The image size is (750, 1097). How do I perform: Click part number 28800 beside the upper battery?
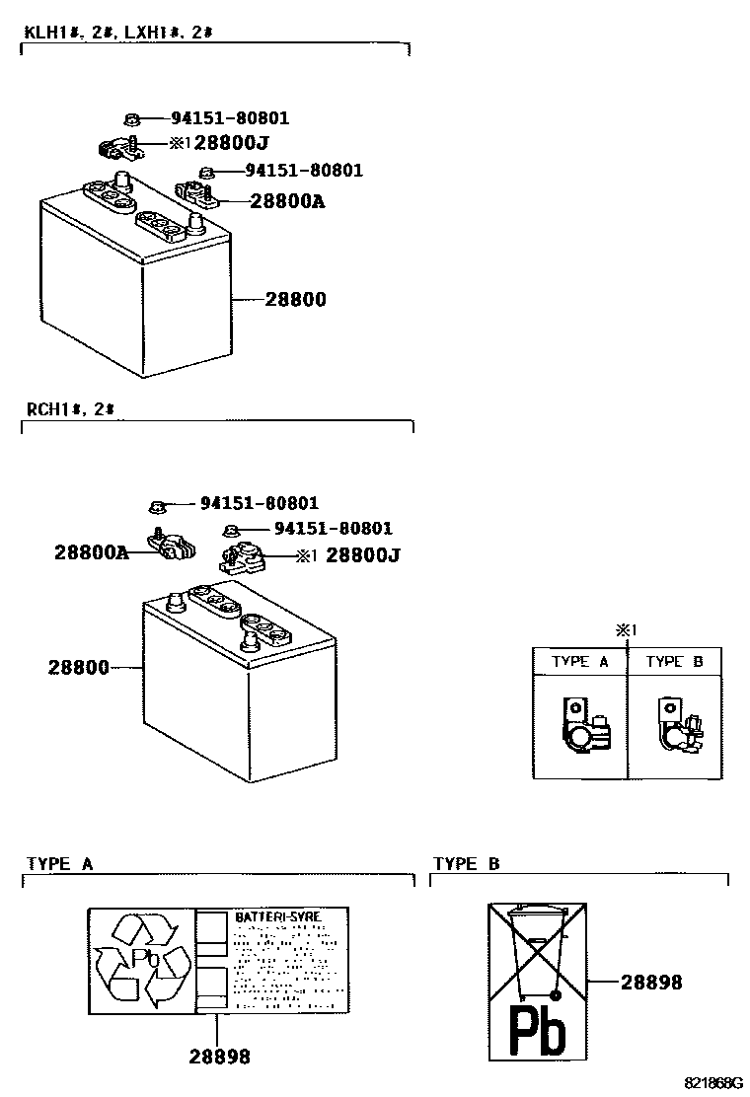click(x=295, y=299)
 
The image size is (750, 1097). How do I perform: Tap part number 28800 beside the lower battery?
click(x=78, y=668)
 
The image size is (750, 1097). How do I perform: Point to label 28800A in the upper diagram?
click(x=287, y=201)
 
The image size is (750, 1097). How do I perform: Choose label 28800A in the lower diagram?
click(x=91, y=554)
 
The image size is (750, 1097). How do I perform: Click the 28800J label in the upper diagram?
click(x=232, y=143)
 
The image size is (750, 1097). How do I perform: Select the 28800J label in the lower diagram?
click(x=362, y=555)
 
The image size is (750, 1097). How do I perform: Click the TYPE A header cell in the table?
click(x=579, y=662)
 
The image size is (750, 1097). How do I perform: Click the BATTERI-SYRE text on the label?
click(x=277, y=917)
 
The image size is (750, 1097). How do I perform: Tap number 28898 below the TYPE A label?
click(x=220, y=1057)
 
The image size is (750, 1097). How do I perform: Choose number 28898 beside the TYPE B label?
click(x=651, y=982)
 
